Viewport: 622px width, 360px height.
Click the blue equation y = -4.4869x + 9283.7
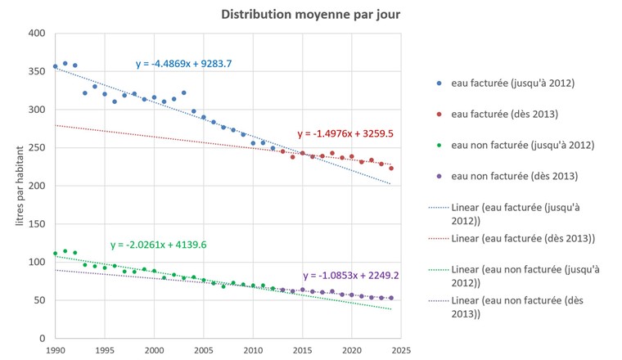pyautogui.click(x=190, y=63)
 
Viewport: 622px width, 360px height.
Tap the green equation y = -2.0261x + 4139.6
pyautogui.click(x=165, y=245)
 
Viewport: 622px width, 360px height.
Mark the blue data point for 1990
pyautogui.click(x=56, y=66)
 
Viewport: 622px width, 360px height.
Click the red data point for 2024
pyautogui.click(x=391, y=168)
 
